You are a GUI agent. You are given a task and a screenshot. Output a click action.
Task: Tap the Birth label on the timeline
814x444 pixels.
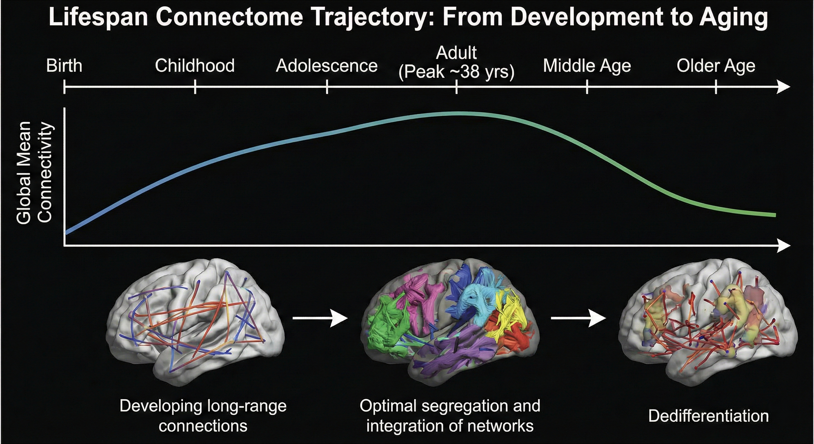point(64,66)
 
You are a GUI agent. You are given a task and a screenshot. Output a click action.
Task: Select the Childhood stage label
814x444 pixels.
point(195,66)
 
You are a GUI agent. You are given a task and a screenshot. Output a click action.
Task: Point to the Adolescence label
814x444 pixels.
point(327,66)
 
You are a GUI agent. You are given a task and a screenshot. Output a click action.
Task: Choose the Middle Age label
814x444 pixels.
point(587,66)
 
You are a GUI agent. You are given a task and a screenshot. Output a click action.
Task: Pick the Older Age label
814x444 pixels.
point(716,66)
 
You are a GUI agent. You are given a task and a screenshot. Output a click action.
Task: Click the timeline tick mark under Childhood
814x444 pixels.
point(195,87)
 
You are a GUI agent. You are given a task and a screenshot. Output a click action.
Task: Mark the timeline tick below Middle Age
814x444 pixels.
point(587,87)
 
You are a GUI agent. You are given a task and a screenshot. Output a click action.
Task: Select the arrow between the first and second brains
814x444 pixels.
point(320,318)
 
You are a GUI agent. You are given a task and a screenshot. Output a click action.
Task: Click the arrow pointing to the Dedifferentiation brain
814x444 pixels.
point(578,318)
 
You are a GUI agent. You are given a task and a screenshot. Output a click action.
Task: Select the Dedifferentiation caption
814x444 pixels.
point(708,416)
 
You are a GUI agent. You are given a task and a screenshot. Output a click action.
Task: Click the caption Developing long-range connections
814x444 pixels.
point(203,416)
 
